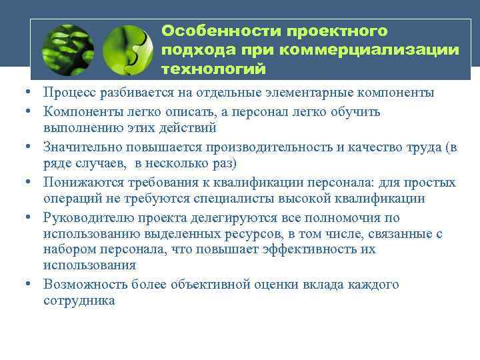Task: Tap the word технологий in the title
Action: (213, 69)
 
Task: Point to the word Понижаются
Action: (81, 182)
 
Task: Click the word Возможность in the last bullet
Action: (83, 285)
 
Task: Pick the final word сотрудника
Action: (78, 301)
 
